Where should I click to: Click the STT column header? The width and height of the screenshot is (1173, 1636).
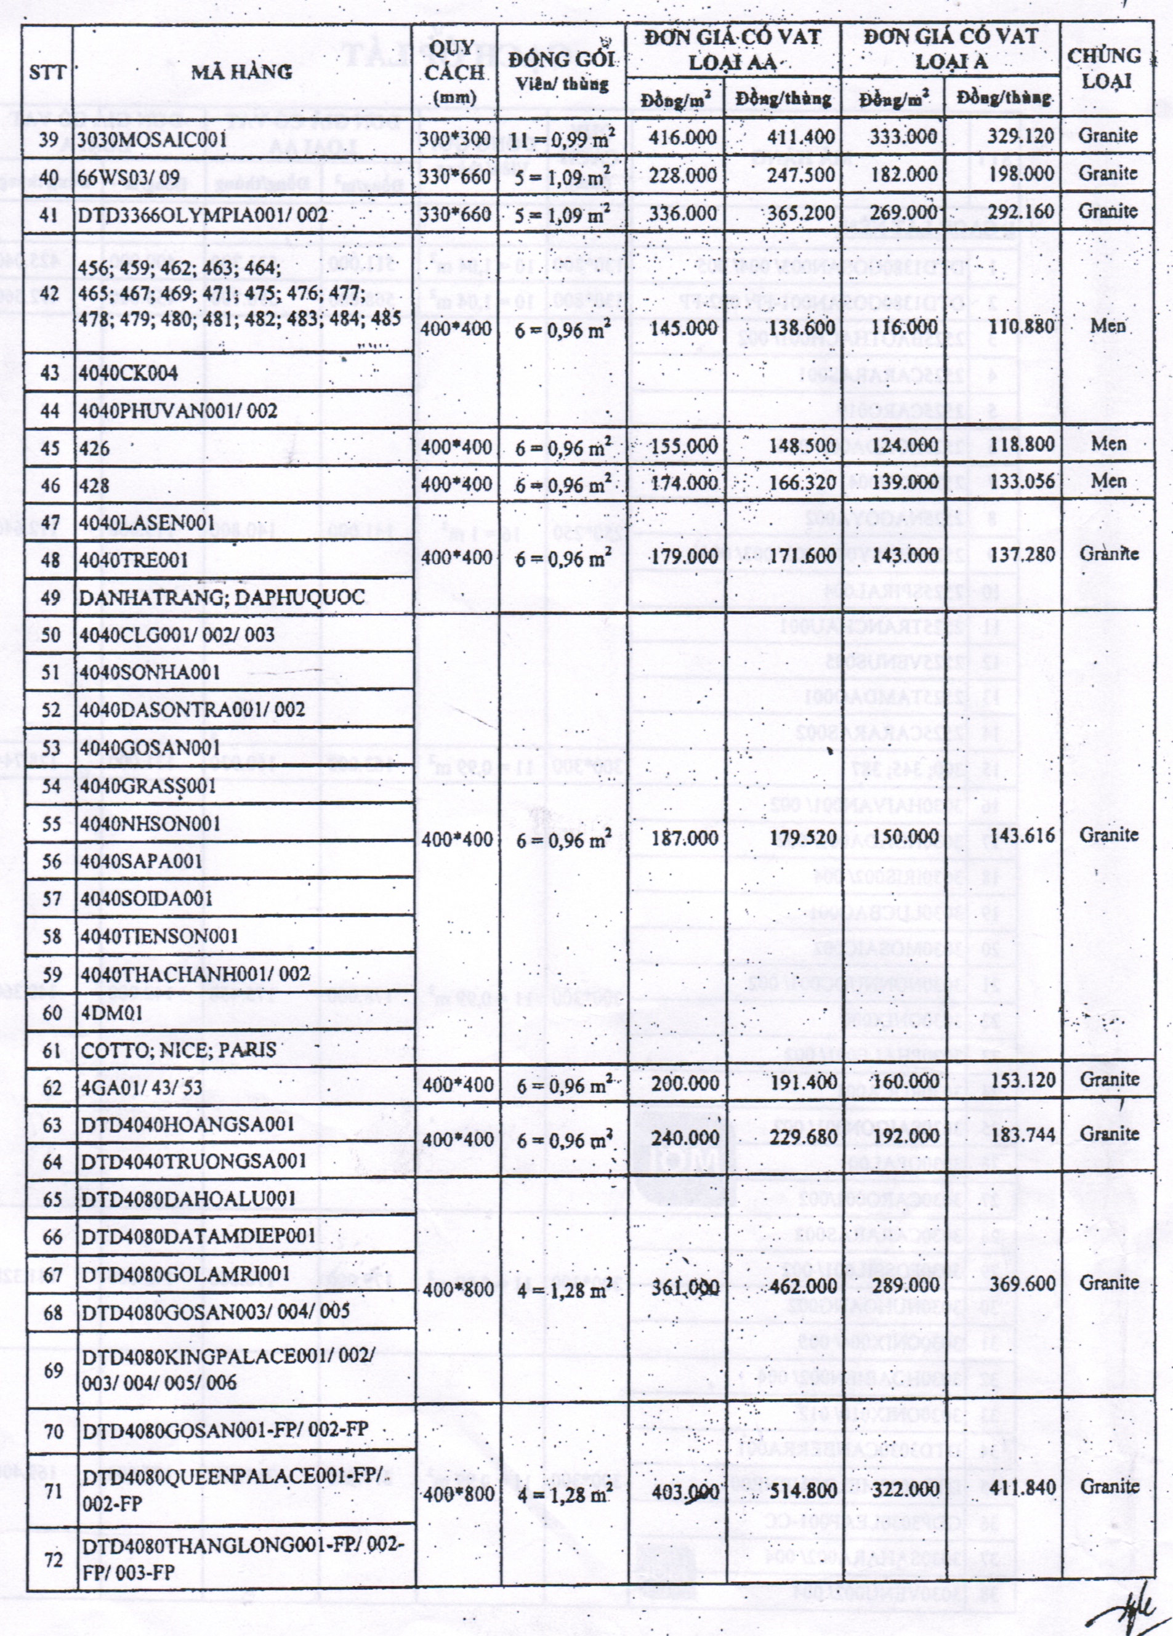point(47,72)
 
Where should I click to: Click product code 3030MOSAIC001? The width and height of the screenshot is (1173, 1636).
point(152,139)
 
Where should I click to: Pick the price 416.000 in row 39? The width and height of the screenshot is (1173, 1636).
point(682,137)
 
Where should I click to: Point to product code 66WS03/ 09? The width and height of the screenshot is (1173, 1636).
point(129,177)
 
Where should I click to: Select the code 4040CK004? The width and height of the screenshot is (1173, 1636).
point(129,373)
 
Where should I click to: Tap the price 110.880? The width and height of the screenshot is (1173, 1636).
point(1022,326)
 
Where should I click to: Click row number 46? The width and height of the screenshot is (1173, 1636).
point(50,485)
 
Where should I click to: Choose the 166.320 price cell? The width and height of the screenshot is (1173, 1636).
point(802,483)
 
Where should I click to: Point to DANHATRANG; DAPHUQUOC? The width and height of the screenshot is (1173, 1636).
point(222,597)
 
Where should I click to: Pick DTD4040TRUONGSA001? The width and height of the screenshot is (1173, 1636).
point(194,1161)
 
